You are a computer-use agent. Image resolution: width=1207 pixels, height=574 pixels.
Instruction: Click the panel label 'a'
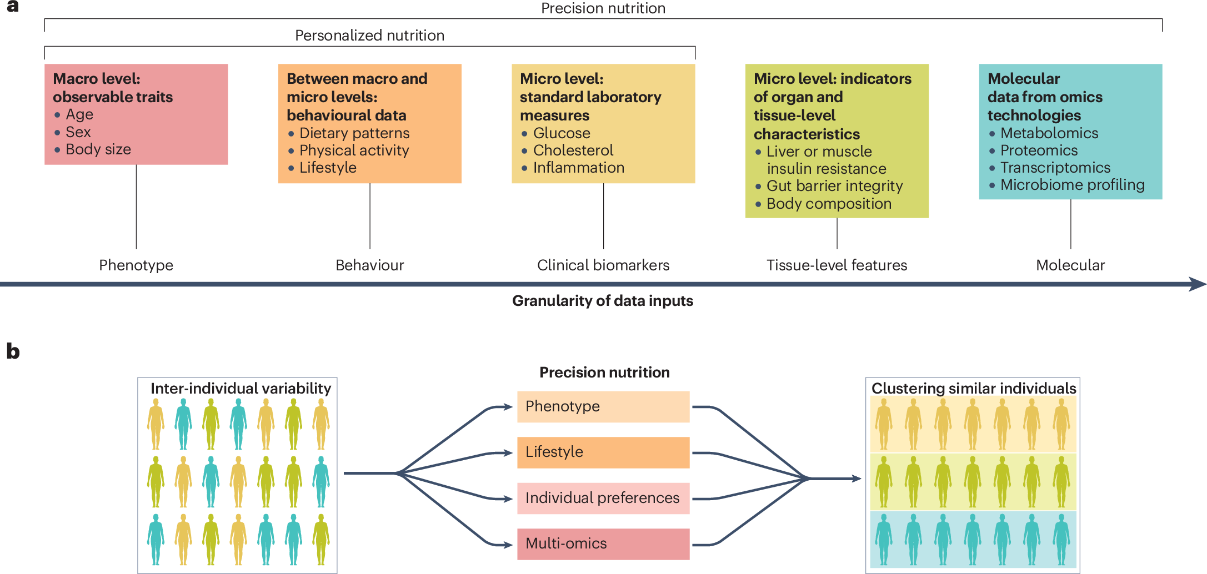pyautogui.click(x=12, y=7)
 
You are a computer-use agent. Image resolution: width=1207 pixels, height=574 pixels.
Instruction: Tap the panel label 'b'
pyautogui.click(x=13, y=351)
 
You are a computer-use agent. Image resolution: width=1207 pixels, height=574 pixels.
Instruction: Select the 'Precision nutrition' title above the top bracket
pyautogui.click(x=603, y=8)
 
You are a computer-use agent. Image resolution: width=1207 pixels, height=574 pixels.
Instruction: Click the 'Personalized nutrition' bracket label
pyautogui.click(x=369, y=36)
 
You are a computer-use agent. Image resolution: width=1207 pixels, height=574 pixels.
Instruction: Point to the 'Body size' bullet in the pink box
pyautogui.click(x=98, y=149)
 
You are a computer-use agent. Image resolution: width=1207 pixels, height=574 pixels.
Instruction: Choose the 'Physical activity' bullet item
pyautogui.click(x=354, y=150)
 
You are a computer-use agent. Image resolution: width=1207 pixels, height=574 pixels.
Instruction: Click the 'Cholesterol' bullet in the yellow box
pyautogui.click(x=573, y=150)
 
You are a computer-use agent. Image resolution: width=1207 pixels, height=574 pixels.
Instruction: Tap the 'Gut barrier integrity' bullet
pyautogui.click(x=834, y=186)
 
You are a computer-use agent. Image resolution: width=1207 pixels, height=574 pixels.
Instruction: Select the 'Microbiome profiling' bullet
pyautogui.click(x=1072, y=185)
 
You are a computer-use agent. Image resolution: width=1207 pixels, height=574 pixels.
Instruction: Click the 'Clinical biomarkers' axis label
pyautogui.click(x=603, y=265)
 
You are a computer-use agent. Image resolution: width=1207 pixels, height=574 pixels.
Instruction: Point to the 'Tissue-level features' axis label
pyautogui.click(x=837, y=265)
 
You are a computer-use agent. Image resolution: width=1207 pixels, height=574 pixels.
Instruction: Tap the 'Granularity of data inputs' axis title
pyautogui.click(x=603, y=301)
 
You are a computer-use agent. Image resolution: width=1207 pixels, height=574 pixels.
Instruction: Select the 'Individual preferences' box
pyautogui.click(x=603, y=498)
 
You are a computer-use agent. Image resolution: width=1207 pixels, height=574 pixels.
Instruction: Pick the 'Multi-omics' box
pyautogui.click(x=603, y=543)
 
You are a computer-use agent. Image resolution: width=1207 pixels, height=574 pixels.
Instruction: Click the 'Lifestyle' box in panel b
pyautogui.click(x=603, y=452)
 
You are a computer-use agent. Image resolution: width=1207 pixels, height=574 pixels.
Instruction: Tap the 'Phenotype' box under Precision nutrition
pyautogui.click(x=603, y=406)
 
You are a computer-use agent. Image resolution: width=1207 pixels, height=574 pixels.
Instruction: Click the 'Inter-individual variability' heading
pyautogui.click(x=241, y=389)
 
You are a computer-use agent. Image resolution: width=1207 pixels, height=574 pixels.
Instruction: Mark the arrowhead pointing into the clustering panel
pyautogui.click(x=857, y=479)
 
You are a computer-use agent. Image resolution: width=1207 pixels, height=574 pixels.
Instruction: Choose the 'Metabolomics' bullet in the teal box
pyautogui.click(x=1049, y=133)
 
